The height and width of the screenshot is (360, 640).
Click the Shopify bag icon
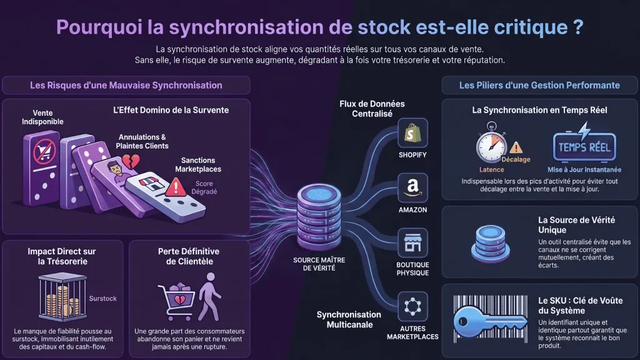point(412,133)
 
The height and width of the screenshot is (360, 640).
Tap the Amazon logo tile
point(412,187)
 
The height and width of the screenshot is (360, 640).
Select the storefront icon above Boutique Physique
point(412,243)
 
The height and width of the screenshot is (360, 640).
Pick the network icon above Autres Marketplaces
point(412,306)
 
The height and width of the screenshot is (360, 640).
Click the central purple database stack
point(319,216)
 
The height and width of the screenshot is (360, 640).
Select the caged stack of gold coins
point(62,297)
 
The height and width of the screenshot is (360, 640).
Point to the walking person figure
point(209,297)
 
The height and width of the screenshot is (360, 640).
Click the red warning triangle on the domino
point(176,187)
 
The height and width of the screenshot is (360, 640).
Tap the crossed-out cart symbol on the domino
point(44,151)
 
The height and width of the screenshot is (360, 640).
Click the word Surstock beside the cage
point(103,298)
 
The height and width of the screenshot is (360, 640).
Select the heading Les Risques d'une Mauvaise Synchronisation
point(126,85)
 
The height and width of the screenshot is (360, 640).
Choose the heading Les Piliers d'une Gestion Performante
point(539,85)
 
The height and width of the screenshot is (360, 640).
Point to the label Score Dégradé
point(204,187)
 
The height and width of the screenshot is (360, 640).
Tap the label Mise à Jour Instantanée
point(584,170)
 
